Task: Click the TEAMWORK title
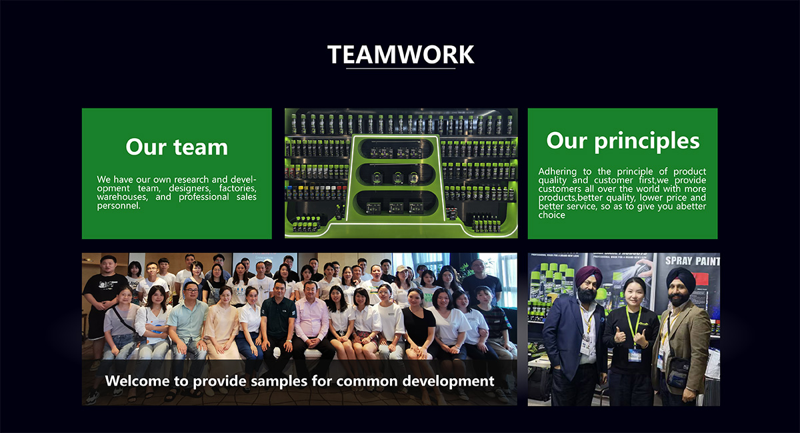pyautogui.click(x=401, y=55)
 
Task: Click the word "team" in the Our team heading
pyautogui.click(x=201, y=147)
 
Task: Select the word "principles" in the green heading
pyautogui.click(x=647, y=141)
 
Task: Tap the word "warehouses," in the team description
pyautogui.click(x=122, y=197)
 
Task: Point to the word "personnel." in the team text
pyautogui.click(x=119, y=206)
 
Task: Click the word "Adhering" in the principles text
pyautogui.click(x=557, y=171)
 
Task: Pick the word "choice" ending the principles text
pyautogui.click(x=552, y=215)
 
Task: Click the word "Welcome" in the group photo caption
pyautogui.click(x=137, y=381)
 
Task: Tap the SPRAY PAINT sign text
pyautogui.click(x=692, y=261)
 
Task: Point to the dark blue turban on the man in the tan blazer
pyautogui.click(x=681, y=278)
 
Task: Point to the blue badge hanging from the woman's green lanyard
pyautogui.click(x=635, y=354)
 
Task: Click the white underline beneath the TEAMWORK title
pyautogui.click(x=401, y=68)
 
